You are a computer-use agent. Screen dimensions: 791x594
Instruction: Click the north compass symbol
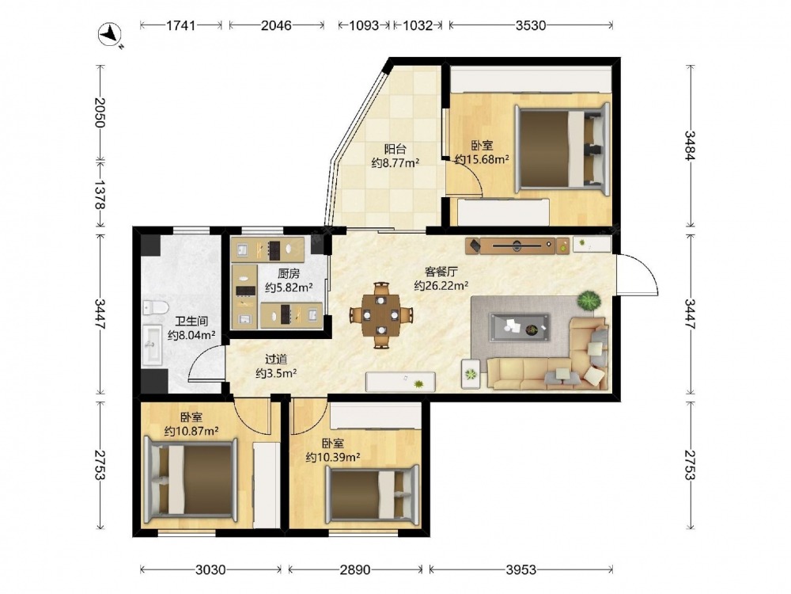click(110, 36)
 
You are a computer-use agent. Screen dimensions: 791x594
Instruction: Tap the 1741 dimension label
click(180, 25)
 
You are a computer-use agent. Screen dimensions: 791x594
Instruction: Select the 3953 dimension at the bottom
click(521, 569)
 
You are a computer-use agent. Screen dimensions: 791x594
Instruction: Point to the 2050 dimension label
click(100, 112)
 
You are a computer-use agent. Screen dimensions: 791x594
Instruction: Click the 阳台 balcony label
click(395, 149)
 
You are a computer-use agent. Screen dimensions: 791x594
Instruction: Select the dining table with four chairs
click(381, 315)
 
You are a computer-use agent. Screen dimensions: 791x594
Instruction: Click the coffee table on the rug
click(520, 327)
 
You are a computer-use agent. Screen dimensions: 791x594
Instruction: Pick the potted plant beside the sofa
click(589, 300)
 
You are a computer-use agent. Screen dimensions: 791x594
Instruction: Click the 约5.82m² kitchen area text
click(289, 287)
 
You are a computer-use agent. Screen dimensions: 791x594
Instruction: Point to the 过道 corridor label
click(276, 359)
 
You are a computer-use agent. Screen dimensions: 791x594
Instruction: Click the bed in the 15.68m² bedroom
click(562, 148)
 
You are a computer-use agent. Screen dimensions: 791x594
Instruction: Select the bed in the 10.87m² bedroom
click(191, 481)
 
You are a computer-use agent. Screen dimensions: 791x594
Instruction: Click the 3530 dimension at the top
click(531, 25)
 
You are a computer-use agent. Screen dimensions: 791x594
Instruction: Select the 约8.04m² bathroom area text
click(191, 334)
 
